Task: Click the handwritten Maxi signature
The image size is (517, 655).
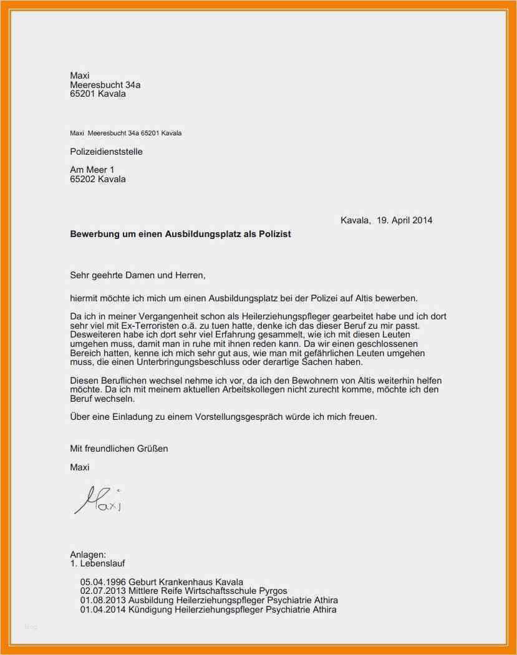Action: [x=97, y=499]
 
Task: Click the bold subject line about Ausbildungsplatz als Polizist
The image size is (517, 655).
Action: [x=180, y=235]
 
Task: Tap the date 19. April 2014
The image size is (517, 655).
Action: [x=404, y=220]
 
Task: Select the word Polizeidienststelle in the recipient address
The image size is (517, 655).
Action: [x=107, y=152]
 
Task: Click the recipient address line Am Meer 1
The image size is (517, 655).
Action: [x=92, y=170]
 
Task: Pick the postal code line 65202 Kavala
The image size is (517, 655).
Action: [x=98, y=179]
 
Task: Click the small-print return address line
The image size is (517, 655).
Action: [x=126, y=133]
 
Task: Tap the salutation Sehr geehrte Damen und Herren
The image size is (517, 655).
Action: [x=138, y=274]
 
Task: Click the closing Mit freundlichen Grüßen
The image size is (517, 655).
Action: [x=119, y=448]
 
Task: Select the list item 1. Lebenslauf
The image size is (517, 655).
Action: [x=98, y=563]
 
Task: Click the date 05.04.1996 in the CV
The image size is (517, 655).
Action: [x=103, y=582]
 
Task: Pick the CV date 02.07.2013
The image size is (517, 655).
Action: [x=103, y=591]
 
